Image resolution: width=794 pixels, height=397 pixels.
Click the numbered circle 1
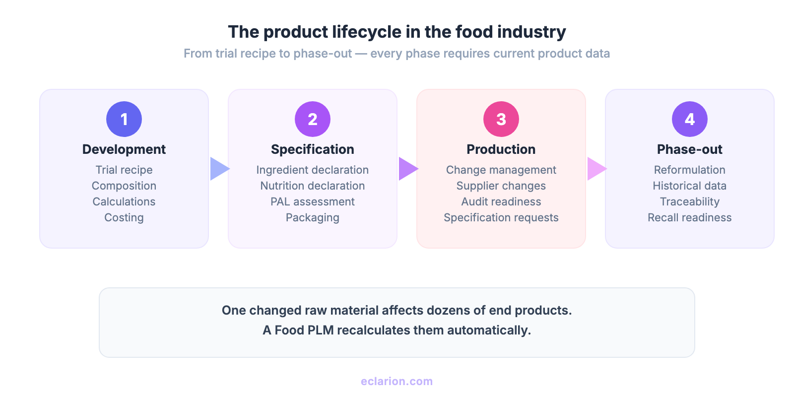point(124,119)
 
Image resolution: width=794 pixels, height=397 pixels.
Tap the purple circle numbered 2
point(313,119)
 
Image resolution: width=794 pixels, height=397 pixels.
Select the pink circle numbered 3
point(501,119)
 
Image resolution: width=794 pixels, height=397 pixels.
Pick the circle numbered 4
point(690,119)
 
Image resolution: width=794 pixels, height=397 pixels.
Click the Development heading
point(124,149)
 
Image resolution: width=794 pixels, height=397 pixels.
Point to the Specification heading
point(313,149)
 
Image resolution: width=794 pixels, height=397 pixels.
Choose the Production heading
point(501,149)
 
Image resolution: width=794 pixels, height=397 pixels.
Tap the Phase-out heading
point(690,149)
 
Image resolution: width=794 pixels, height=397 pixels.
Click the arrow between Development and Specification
point(219,169)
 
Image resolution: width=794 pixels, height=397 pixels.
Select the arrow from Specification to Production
point(408,169)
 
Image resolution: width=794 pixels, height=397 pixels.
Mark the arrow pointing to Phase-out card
point(596,169)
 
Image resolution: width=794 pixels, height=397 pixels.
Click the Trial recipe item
point(124,170)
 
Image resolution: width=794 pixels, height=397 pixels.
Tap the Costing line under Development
point(124,217)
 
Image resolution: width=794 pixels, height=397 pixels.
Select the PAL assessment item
point(313,201)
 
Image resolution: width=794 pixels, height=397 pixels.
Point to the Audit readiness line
point(501,201)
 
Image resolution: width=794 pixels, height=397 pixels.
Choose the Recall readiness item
point(690,217)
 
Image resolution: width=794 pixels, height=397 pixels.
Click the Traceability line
point(690,201)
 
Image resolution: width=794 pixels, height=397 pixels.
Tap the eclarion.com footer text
point(397,381)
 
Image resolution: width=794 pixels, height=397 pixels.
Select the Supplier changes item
point(501,186)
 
